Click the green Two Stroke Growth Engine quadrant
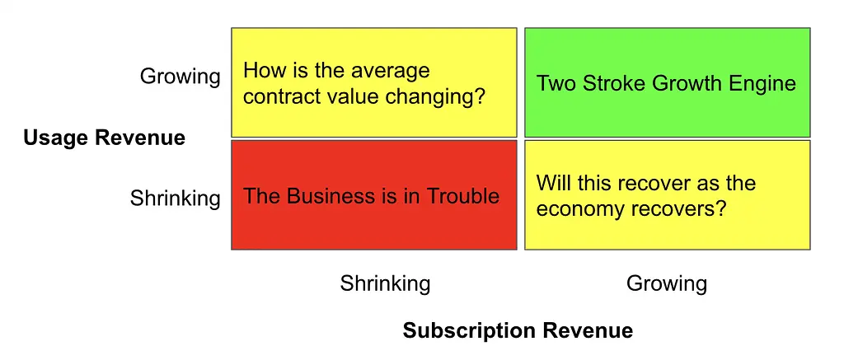click(x=668, y=82)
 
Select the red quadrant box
click(x=374, y=194)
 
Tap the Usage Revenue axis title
click(x=105, y=138)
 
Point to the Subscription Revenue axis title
click(x=518, y=330)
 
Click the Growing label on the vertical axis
click(x=181, y=77)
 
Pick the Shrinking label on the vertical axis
click(x=176, y=199)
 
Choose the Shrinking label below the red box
click(x=386, y=283)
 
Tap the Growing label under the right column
click(x=667, y=283)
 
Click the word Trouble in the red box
click(x=463, y=196)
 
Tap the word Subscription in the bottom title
click(x=468, y=330)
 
